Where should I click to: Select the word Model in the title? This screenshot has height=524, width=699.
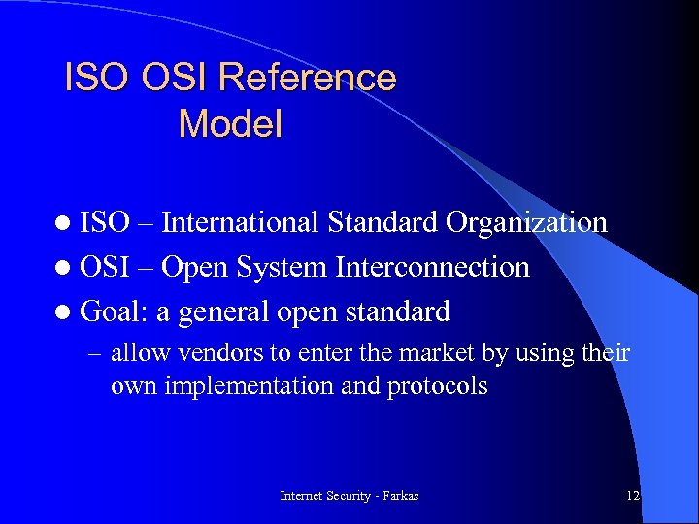[230, 124]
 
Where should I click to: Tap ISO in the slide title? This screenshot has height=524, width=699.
[97, 78]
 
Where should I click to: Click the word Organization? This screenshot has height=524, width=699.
[526, 222]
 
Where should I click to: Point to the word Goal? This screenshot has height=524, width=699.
[114, 311]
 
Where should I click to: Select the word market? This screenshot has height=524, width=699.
[442, 353]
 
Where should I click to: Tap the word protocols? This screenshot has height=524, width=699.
[437, 386]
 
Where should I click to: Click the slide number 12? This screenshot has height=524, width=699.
[633, 496]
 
